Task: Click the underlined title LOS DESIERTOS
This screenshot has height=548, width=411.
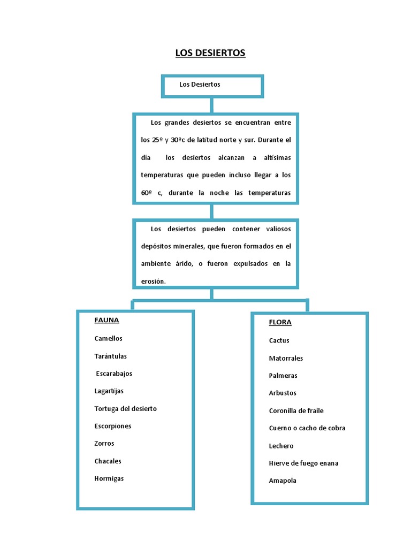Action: (210, 53)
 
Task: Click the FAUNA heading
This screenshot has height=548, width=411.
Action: (106, 321)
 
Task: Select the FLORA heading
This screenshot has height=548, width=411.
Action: (280, 323)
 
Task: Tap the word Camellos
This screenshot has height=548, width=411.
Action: (109, 338)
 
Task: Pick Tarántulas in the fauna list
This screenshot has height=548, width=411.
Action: (111, 356)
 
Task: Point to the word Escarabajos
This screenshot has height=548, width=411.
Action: (114, 374)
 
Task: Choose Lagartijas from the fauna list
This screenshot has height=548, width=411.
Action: (109, 391)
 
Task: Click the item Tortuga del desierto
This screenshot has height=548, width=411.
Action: (126, 409)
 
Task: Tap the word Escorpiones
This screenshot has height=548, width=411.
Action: (113, 426)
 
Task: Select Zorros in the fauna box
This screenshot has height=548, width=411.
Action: (104, 444)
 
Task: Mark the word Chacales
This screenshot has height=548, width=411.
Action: (108, 461)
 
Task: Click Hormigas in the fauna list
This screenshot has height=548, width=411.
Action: (109, 478)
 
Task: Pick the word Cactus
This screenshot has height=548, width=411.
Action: (279, 340)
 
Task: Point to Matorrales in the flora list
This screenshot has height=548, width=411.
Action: (286, 358)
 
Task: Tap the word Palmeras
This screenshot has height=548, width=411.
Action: (283, 376)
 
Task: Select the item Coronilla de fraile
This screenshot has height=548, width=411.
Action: (296, 410)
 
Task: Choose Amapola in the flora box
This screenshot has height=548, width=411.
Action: (283, 481)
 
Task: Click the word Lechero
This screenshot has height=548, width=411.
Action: (281, 446)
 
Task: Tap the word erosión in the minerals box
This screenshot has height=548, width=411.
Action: (154, 281)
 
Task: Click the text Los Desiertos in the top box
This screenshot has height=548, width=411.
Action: (200, 85)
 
